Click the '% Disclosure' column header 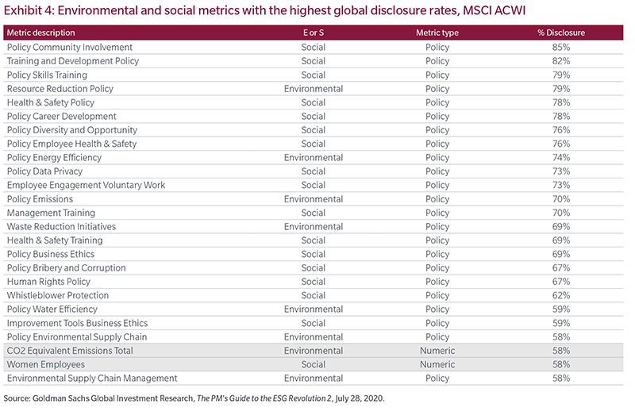[x=561, y=33]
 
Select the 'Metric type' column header [x=437, y=33]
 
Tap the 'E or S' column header [x=314, y=33]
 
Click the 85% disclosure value [x=561, y=47]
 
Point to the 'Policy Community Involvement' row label [x=70, y=47]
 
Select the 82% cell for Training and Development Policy [x=561, y=61]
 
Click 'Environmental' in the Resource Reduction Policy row [x=314, y=89]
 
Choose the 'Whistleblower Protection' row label [x=58, y=295]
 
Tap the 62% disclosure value [x=561, y=295]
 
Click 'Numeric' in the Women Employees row [x=437, y=364]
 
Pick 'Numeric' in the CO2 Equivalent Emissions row [x=437, y=351]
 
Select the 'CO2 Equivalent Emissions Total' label [x=70, y=351]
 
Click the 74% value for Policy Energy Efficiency [x=561, y=157]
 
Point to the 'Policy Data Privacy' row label [x=44, y=171]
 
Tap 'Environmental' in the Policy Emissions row [x=314, y=199]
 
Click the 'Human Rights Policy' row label [x=48, y=282]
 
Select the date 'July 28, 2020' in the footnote [x=360, y=398]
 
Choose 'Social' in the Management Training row [x=314, y=213]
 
